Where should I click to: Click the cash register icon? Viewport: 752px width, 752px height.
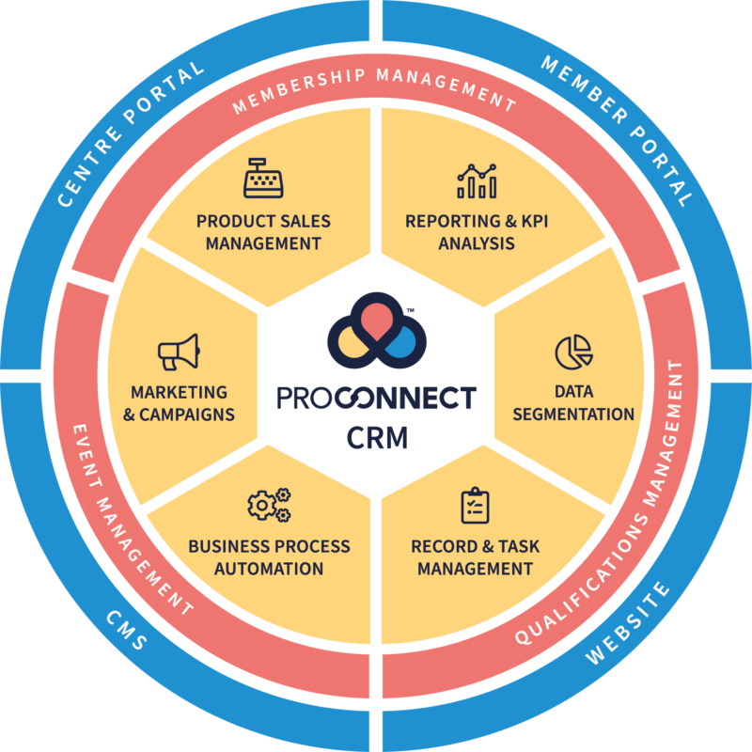[263, 178]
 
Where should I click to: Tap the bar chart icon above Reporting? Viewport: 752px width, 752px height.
[477, 180]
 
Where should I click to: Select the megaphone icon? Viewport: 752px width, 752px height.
[178, 352]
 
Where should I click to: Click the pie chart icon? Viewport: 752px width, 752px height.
[573, 352]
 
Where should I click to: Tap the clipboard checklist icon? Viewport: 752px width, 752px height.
[475, 505]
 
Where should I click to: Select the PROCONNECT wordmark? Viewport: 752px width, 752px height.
[376, 399]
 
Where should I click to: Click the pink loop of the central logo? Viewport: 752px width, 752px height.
[376, 315]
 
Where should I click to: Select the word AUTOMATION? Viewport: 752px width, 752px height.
[269, 569]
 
